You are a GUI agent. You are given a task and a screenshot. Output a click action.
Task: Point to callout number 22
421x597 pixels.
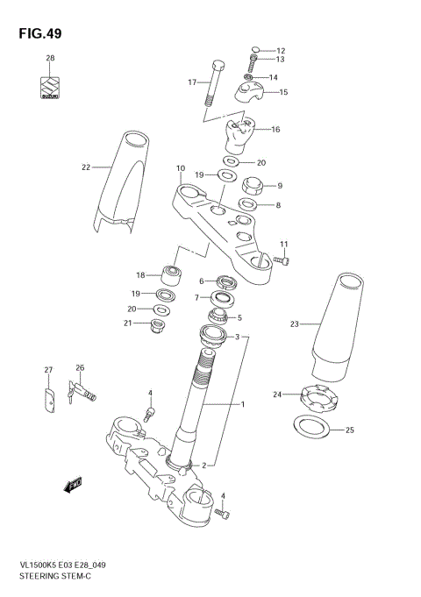[x=85, y=166]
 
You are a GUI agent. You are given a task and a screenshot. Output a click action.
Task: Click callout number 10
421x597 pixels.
[x=180, y=167]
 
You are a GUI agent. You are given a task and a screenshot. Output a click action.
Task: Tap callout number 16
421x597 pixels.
[x=275, y=130]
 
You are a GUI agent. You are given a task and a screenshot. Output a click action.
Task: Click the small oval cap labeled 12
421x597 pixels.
[x=254, y=49]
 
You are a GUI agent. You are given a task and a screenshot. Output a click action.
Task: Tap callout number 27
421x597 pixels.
[x=49, y=370]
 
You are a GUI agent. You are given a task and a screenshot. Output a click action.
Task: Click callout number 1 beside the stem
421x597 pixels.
[x=243, y=404]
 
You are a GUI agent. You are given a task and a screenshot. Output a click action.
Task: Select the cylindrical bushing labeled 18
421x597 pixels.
[x=172, y=275]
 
